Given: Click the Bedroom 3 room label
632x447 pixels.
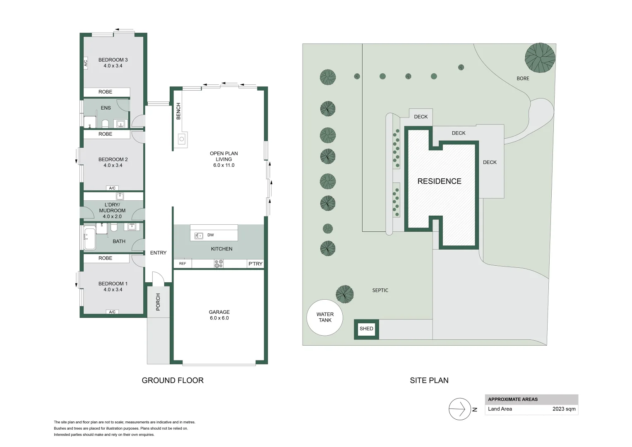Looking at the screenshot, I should coord(113,60).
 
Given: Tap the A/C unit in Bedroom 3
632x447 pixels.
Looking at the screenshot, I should coord(86,63).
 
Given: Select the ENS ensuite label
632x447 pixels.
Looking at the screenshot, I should coord(106,108).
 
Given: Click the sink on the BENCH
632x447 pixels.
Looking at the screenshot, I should coord(181,139).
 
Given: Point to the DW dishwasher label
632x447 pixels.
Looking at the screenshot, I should coord(211,235).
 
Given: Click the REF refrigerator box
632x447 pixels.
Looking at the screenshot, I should coord(183,264).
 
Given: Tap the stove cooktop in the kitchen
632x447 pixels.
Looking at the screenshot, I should coord(219,264).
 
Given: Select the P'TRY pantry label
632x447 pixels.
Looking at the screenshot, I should coord(255,264).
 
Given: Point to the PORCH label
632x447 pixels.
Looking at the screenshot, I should coord(158,302).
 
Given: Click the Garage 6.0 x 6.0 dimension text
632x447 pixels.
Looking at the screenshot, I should coord(219,318).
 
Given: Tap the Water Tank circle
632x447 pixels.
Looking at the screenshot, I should coord(325,317).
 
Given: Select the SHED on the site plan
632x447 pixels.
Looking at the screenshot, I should coord(366,329).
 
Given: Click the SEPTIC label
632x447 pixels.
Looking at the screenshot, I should coord(380,291).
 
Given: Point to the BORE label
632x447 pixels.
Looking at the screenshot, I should coord(523,79).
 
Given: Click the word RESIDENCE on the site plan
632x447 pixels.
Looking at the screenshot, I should coord(439,181).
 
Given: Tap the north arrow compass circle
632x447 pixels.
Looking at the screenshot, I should coord(459,409).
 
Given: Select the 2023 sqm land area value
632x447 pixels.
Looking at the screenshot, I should coord(564,409).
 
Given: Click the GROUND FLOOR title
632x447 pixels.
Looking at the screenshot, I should coord(173,380).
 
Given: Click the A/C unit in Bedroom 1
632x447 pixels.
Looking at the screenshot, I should coord(112,312).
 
